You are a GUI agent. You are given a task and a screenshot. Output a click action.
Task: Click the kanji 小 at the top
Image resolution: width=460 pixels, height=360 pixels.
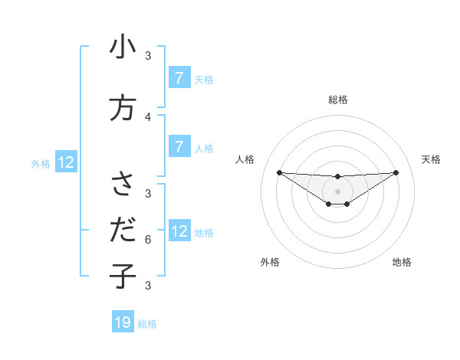click(x=123, y=47)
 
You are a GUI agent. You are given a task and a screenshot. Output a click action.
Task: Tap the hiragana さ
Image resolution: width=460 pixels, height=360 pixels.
click(x=123, y=184)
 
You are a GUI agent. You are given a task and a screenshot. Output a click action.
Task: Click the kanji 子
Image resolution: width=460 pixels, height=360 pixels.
click(x=123, y=274)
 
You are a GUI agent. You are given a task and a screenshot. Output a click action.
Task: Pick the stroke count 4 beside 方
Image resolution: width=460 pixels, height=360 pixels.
click(x=148, y=116)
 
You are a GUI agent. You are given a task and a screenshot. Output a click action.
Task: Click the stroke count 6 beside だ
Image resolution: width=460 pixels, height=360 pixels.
click(x=148, y=239)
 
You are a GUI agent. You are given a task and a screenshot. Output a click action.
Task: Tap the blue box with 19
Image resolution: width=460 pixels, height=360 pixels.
click(x=123, y=322)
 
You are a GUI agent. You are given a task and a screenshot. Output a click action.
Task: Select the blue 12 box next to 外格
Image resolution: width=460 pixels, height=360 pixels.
click(x=65, y=162)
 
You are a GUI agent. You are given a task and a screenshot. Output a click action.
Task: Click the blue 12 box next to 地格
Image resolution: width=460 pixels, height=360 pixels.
click(x=179, y=231)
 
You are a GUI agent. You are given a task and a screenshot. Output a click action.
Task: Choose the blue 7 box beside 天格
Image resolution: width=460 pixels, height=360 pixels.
click(x=179, y=77)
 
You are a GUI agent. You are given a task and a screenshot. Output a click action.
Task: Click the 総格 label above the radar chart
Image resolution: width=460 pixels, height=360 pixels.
click(x=338, y=100)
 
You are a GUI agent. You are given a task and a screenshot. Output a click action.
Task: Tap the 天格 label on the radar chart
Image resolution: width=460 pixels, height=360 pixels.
click(x=431, y=159)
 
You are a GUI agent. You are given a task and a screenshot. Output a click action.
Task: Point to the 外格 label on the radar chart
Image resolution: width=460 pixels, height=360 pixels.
click(x=270, y=262)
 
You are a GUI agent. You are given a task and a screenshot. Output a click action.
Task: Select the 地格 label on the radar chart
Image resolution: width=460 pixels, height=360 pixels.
click(x=402, y=262)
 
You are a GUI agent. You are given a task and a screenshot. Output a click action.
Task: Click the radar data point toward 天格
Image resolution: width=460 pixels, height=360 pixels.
click(x=396, y=172)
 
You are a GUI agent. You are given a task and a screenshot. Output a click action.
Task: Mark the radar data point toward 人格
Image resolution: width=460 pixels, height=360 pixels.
click(x=279, y=172)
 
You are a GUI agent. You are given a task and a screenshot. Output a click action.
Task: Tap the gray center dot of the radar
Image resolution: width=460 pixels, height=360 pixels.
click(x=338, y=191)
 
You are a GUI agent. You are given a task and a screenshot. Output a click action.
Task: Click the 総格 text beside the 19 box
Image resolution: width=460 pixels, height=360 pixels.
click(x=147, y=323)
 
